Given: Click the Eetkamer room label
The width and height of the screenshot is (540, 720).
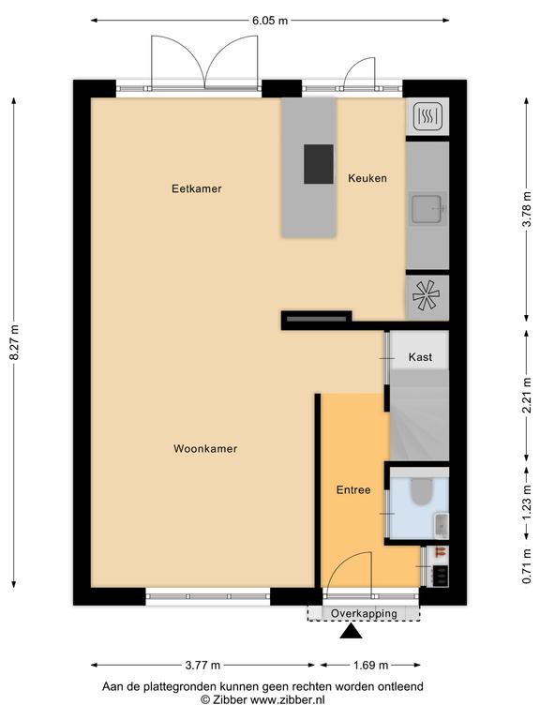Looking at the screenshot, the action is (x=197, y=188).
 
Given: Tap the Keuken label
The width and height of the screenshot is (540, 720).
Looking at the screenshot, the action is (x=367, y=178).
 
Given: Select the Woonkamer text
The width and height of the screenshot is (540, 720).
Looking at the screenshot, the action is (x=205, y=449).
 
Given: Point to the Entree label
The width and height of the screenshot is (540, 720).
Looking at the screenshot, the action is (x=353, y=490).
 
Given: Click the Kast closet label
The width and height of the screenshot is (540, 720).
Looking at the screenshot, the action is (x=420, y=357).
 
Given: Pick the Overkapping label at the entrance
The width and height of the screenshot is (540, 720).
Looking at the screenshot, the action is (x=364, y=613).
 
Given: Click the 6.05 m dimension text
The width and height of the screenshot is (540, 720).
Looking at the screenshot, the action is (x=270, y=21).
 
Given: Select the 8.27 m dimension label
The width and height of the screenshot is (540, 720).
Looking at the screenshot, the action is (x=14, y=342).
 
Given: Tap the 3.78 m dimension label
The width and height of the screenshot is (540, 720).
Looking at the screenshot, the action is (x=527, y=210).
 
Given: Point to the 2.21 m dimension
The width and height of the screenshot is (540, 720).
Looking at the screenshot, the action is (x=527, y=395).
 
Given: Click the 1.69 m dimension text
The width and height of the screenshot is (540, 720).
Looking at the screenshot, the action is (x=370, y=665).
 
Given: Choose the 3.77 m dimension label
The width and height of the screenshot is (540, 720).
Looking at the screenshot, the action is (x=202, y=665).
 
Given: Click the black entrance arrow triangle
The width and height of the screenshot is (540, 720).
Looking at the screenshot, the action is (x=351, y=631).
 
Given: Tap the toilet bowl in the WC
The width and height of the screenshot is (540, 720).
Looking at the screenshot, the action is (x=422, y=491).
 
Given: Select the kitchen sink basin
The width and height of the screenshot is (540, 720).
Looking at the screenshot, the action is (x=427, y=208).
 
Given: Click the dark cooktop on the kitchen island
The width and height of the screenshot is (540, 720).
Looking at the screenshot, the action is (x=319, y=164).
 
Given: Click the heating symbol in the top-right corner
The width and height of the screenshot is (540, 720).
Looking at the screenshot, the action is (x=427, y=116).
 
